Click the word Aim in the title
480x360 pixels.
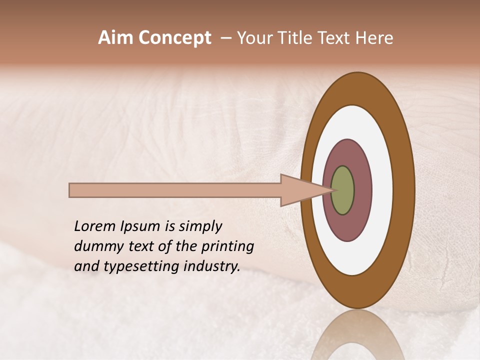coord(116,38)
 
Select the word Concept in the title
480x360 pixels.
coord(174,38)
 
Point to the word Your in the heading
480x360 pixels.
coord(253,38)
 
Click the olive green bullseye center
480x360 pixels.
coord(342,190)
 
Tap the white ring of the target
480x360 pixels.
coord(382,190)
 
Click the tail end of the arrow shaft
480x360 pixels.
coord(71,190)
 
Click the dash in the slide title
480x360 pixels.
coord(226,38)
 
